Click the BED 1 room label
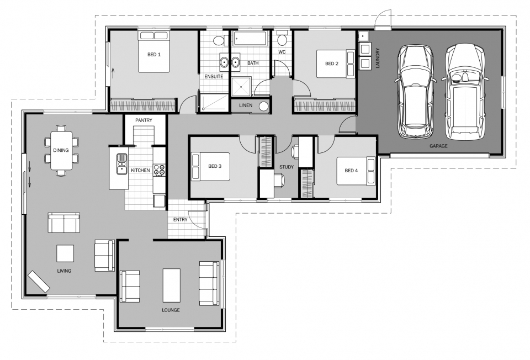[x=154, y=55]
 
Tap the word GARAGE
[x=438, y=146]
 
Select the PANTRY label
[x=144, y=120]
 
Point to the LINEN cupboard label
[x=245, y=105]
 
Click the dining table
[x=61, y=150]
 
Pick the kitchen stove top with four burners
[x=159, y=170]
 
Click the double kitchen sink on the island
[x=121, y=163]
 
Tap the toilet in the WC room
[x=282, y=39]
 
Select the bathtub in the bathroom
[x=250, y=39]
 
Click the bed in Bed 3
[x=210, y=167]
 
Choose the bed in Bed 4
[x=356, y=171]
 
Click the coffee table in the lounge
[x=171, y=285]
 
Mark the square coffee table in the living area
[x=65, y=253]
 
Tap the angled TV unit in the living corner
[x=39, y=281]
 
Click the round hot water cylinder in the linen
[x=264, y=107]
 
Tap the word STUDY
[x=287, y=167]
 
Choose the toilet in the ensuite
[x=220, y=40]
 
